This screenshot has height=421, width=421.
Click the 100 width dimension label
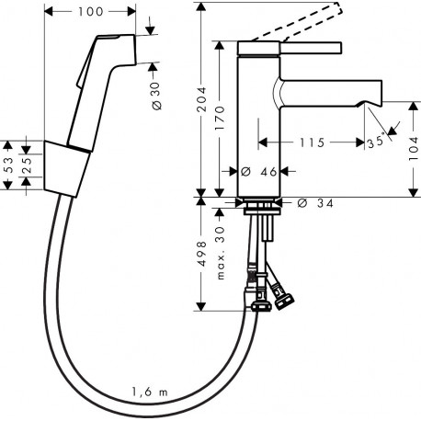click(91, 12)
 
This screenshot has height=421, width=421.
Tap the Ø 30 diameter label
click(156, 96)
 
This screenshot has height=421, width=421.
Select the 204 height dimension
click(201, 99)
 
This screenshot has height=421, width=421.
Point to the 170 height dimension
click(220, 118)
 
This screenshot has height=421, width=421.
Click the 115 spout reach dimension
click(312, 142)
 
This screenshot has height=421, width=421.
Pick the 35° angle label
click(376, 142)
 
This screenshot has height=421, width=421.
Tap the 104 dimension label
click(414, 149)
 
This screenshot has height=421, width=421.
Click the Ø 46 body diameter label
click(259, 172)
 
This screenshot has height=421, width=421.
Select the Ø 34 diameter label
click(315, 203)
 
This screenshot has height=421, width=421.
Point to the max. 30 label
click(221, 253)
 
